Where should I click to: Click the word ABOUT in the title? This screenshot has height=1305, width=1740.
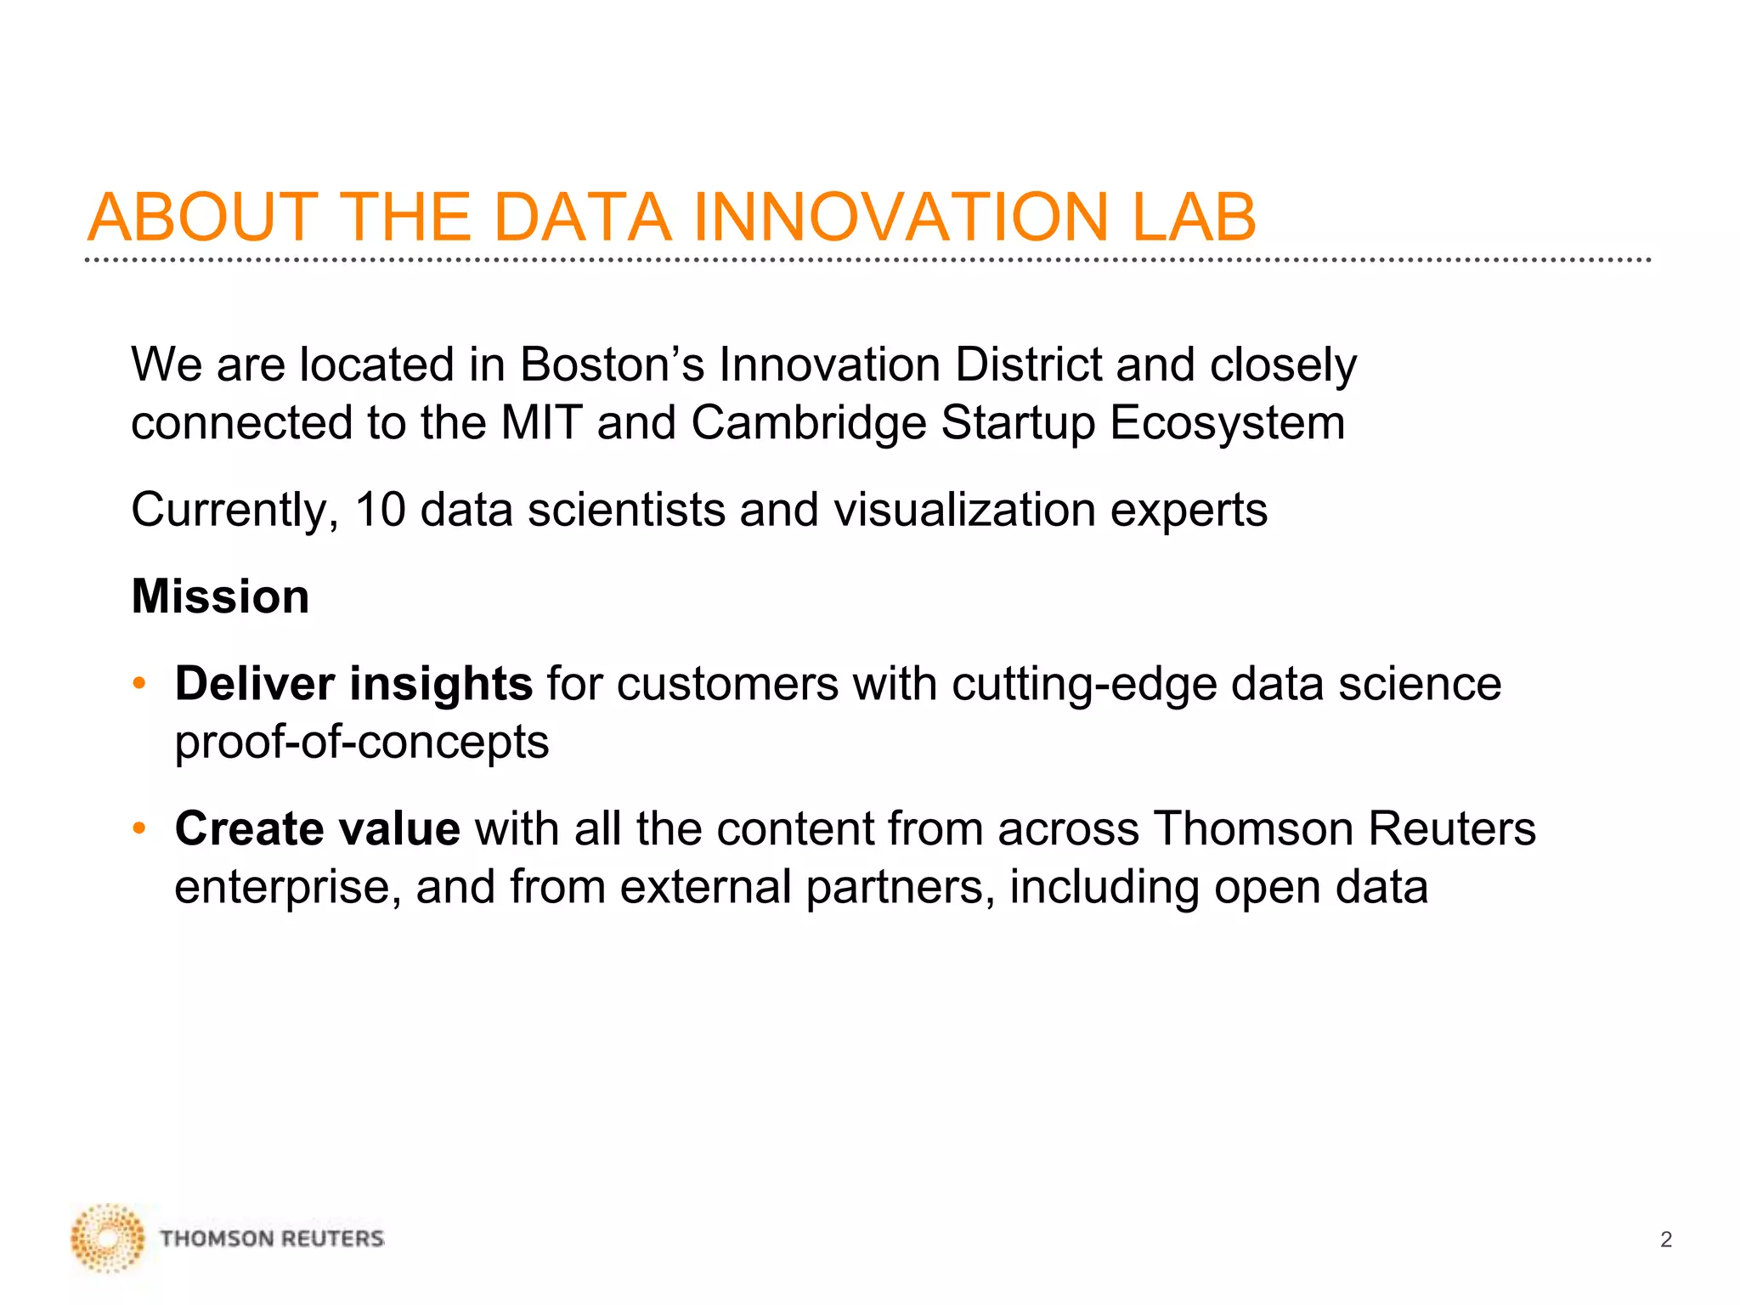(203, 217)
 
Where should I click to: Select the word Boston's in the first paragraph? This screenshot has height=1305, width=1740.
(612, 365)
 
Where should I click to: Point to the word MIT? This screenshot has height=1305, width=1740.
(541, 423)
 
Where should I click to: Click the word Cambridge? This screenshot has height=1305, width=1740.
(808, 423)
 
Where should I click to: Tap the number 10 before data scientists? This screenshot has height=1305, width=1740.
(380, 511)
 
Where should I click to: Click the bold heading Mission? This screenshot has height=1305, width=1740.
(220, 596)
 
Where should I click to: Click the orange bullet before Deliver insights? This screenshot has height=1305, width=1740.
(139, 684)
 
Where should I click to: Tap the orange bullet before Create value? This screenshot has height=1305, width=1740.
(139, 828)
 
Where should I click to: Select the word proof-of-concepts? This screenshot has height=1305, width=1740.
(362, 743)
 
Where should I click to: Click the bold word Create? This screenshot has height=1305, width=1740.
(249, 829)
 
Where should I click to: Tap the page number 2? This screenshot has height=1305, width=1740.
(1665, 1240)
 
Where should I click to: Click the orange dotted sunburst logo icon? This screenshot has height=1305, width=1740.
(108, 1238)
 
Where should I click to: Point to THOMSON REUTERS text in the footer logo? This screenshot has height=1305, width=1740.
(272, 1239)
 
